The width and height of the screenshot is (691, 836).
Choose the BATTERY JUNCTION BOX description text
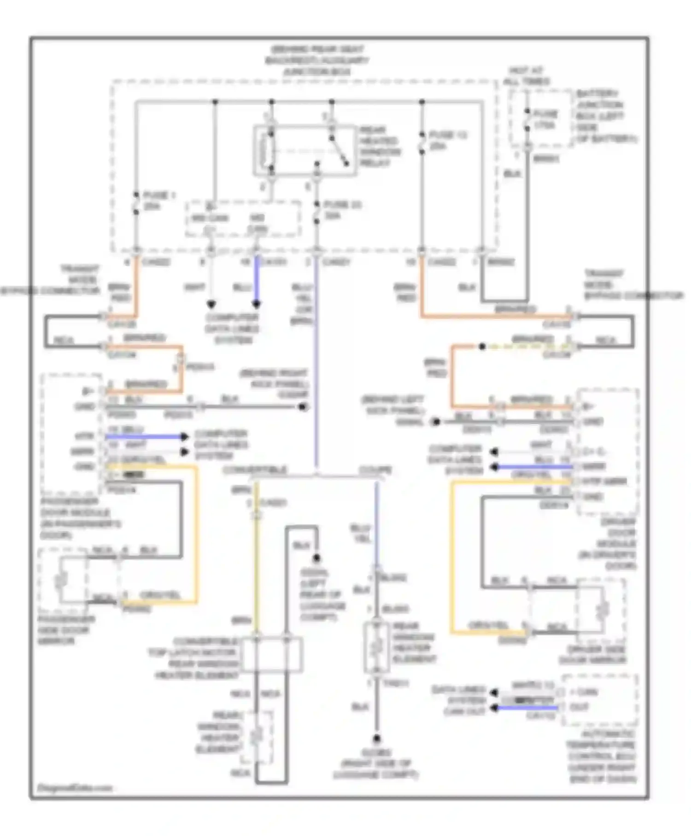point(604,116)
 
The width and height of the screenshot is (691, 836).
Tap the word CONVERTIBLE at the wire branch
point(254,470)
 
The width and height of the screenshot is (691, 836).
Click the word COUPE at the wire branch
point(375,470)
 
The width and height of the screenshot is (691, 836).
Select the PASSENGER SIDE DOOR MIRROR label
point(67,630)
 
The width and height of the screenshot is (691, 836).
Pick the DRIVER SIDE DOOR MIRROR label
point(592,655)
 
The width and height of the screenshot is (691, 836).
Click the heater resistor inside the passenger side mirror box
point(60,582)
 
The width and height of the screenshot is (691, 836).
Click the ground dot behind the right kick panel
point(303,407)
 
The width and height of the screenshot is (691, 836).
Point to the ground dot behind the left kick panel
point(435,422)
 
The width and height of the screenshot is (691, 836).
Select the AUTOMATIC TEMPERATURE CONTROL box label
point(602,756)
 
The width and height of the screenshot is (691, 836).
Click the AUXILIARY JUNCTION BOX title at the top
point(317,60)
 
